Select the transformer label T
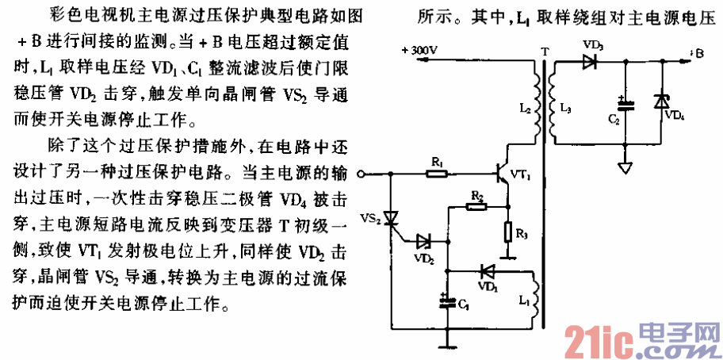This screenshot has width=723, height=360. (543, 52)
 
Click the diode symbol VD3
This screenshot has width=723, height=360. (588, 62)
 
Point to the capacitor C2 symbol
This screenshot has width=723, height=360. (625, 104)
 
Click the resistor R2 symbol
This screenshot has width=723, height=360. (476, 206)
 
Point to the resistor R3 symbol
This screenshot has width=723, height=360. (508, 232)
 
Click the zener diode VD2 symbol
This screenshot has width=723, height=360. (425, 239)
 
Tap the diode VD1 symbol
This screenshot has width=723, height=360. (487, 270)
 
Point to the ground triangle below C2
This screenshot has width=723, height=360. (625, 168)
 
